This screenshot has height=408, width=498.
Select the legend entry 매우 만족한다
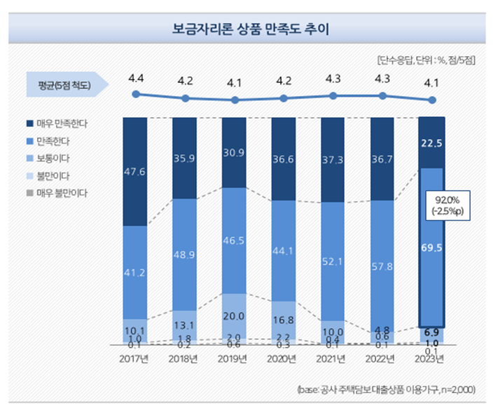67,123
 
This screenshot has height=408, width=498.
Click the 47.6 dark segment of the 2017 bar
135,172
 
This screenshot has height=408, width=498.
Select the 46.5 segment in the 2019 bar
234,240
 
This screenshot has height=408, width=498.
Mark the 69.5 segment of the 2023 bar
431,247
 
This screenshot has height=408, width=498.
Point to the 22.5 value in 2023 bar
431,143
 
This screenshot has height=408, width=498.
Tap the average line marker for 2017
135,93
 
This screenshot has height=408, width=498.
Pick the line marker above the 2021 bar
333,95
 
